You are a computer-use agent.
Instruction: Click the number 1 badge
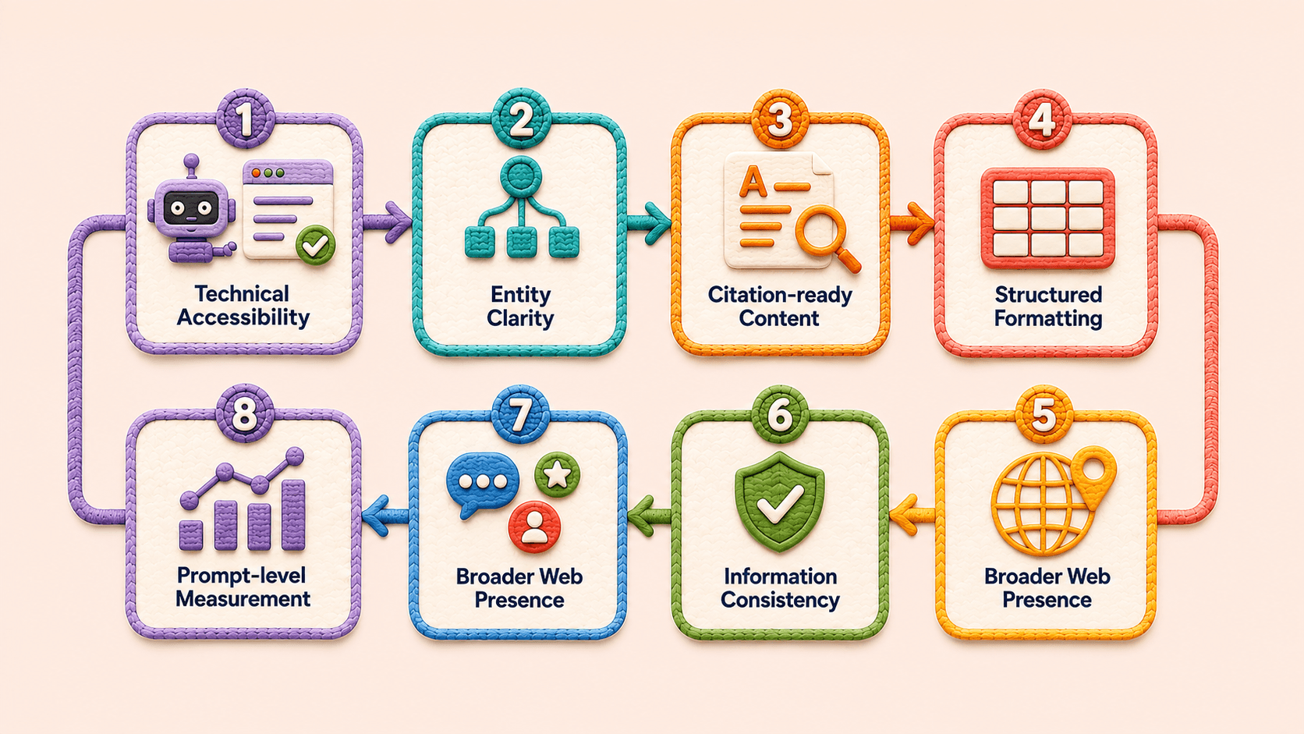(245, 119)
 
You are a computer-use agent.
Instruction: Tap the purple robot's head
(192, 207)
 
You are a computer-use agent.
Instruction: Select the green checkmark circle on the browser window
(316, 246)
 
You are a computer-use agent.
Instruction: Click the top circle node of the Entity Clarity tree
(520, 174)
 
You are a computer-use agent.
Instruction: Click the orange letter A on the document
(753, 181)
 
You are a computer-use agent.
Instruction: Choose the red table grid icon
(1048, 218)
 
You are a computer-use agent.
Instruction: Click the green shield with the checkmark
(779, 502)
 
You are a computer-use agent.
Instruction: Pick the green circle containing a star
(557, 474)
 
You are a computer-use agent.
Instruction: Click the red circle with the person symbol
(533, 527)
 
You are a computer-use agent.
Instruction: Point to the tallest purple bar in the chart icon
(293, 515)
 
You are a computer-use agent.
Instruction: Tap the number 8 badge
(245, 414)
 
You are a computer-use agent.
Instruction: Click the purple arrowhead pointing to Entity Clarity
(399, 222)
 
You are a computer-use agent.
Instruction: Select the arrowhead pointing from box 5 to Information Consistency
(904, 515)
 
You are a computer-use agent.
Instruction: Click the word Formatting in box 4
(1048, 318)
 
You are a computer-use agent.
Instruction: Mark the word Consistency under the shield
(780, 600)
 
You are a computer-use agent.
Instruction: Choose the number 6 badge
(780, 414)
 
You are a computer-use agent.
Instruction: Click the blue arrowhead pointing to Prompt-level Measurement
(375, 516)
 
